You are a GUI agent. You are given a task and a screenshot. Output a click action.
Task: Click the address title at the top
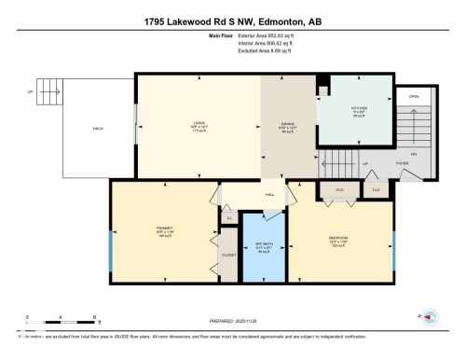point(233,21)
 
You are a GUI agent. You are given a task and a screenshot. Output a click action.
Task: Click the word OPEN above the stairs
point(414,97)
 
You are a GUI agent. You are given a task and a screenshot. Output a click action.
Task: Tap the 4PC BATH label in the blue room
point(264,247)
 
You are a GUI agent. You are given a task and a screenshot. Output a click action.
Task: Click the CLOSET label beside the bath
point(228,254)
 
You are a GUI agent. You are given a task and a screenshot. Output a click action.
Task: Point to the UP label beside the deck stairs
point(30,93)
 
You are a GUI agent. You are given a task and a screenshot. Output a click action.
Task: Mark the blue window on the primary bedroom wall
point(109,248)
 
